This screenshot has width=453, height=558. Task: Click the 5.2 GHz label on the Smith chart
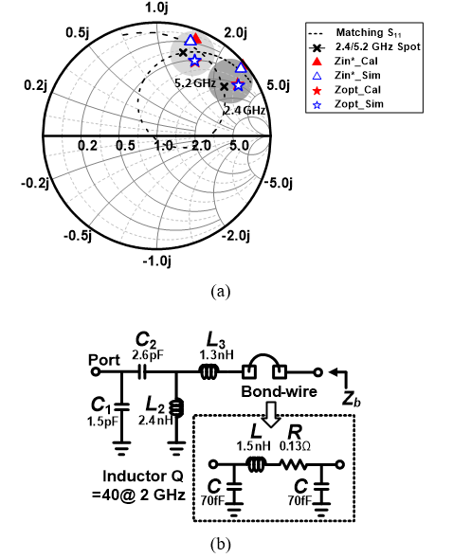coord(195,83)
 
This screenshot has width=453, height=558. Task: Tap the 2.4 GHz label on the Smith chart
coord(245,110)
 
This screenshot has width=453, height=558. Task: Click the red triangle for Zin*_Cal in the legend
coord(317,62)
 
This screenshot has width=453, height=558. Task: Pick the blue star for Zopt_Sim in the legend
coord(317,104)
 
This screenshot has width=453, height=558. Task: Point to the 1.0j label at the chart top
coord(156,8)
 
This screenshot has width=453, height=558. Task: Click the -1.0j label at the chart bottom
coord(157,261)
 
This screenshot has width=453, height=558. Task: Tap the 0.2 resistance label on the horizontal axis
coord(87,146)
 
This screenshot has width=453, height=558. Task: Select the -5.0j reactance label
coord(279,183)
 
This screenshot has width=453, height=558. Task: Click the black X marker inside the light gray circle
coord(183,53)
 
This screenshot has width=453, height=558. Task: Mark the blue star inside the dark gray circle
coord(238,85)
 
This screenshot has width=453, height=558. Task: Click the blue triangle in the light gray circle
coord(190,40)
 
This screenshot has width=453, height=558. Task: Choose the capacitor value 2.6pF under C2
coord(148,355)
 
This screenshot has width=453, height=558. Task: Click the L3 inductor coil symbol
coord(208,372)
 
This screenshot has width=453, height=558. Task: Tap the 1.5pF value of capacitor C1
coord(102,422)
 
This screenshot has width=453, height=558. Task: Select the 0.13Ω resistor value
coord(295,446)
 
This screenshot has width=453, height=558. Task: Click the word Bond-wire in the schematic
coord(280,391)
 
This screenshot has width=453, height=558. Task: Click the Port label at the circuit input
coord(104,360)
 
